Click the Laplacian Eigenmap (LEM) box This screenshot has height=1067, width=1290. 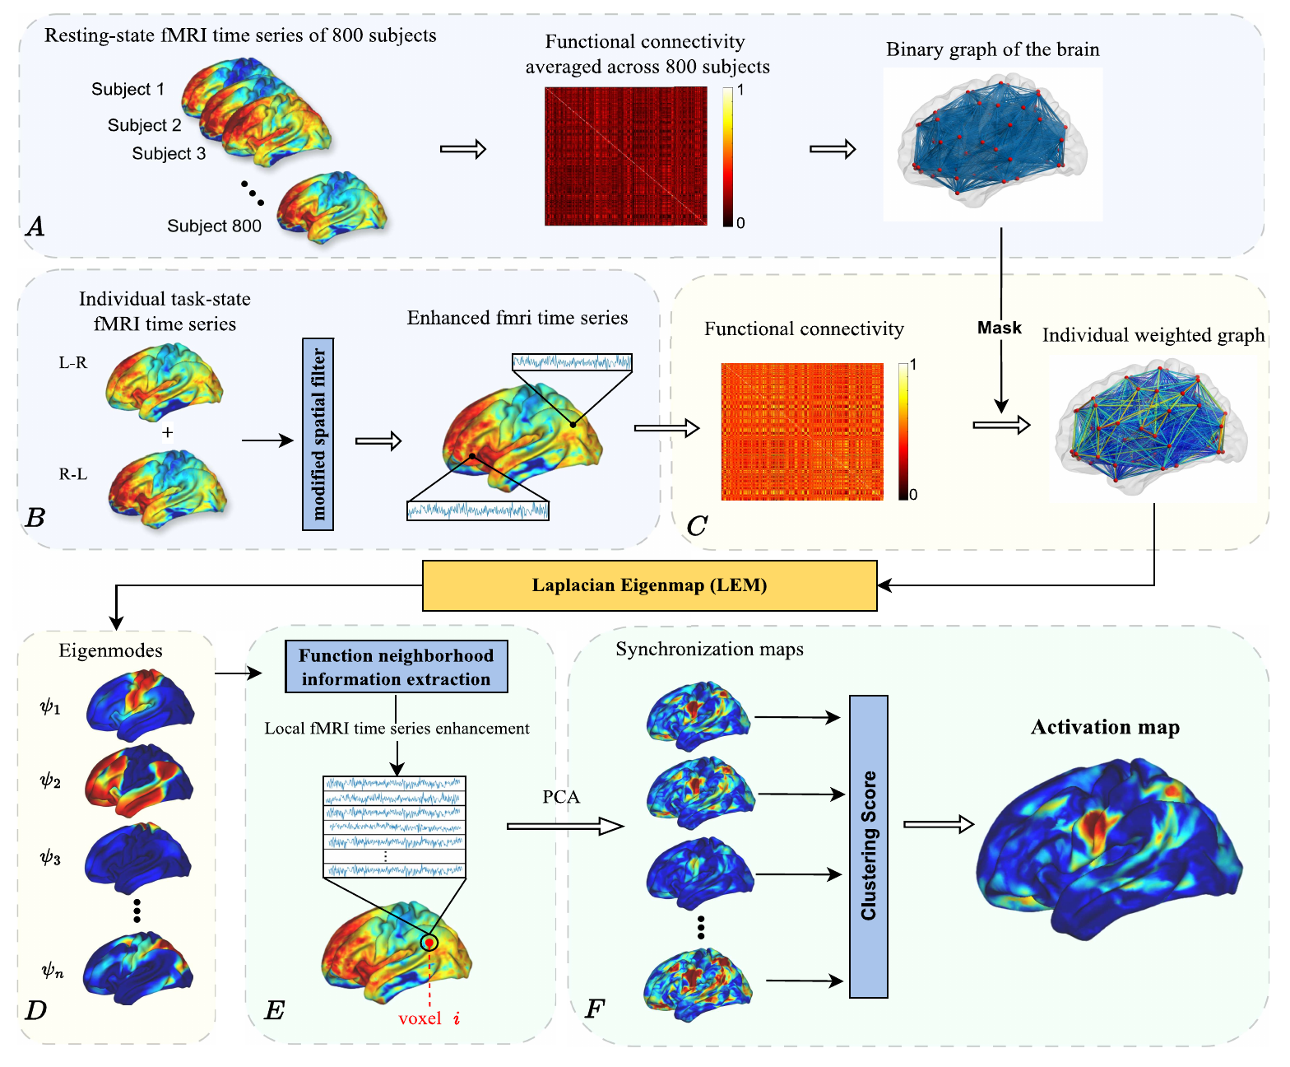[x=649, y=585]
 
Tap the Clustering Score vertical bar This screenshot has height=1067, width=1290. [x=868, y=846]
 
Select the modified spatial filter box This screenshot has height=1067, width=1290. [x=318, y=434]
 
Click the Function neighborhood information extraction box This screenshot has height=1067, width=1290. [x=396, y=667]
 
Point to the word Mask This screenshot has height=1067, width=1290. [x=1000, y=328]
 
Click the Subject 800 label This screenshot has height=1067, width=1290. [x=214, y=226]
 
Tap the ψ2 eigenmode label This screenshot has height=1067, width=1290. [x=51, y=780]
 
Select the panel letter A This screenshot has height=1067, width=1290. [x=35, y=226]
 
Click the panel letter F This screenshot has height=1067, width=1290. [x=594, y=1009]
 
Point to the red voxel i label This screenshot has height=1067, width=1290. [x=429, y=1018]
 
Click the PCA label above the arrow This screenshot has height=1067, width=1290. [x=561, y=797]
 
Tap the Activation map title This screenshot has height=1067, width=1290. [x=1105, y=727]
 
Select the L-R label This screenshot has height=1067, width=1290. [x=72, y=362]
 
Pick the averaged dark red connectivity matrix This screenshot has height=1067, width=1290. [x=625, y=156]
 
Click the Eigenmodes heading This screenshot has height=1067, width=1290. [x=110, y=650]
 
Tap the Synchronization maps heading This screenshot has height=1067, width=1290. [x=709, y=650]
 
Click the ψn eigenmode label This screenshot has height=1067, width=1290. [x=53, y=971]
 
